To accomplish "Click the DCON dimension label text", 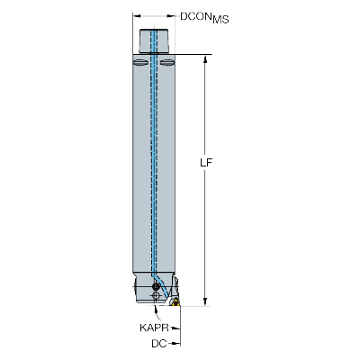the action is (195, 16).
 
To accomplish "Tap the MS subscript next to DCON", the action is (220, 20).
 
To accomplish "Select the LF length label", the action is (206, 163).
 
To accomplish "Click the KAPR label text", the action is (154, 328).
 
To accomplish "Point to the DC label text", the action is (159, 344).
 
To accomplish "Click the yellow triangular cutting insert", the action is (175, 302).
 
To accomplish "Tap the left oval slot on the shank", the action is (140, 62).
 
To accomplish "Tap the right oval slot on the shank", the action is (167, 62).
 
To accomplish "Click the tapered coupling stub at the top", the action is (154, 41).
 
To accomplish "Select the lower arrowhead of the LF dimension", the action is (205, 301).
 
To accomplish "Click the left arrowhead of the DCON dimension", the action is (137, 16).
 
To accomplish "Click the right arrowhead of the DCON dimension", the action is (171, 16).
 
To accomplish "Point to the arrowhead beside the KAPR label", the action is (176, 328).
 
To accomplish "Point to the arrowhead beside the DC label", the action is (176, 343).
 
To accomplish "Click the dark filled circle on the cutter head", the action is (156, 286).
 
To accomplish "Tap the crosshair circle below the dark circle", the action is (156, 296).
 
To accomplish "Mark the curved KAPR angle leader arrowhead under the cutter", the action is (156, 309).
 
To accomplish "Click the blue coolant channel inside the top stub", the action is (153, 41).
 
